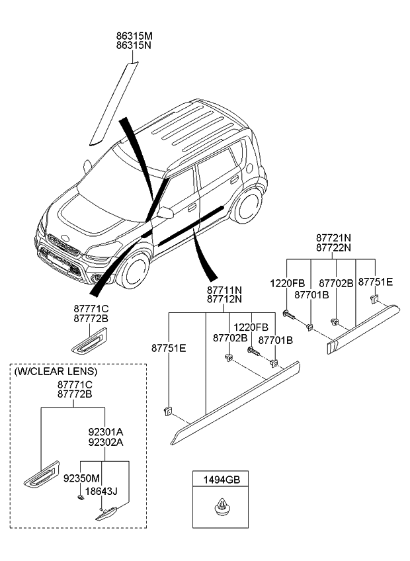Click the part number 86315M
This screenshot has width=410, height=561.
pyautogui.click(x=134, y=35)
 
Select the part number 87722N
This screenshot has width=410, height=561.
pyautogui.click(x=333, y=247)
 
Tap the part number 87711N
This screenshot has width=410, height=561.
pyautogui.click(x=224, y=290)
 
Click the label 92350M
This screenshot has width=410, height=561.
pyautogui.click(x=82, y=477)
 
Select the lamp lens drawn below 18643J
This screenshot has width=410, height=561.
pyautogui.click(x=106, y=513)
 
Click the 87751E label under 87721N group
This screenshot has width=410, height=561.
pyautogui.click(x=375, y=282)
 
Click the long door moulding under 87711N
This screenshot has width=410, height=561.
pyautogui.click(x=235, y=400)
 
